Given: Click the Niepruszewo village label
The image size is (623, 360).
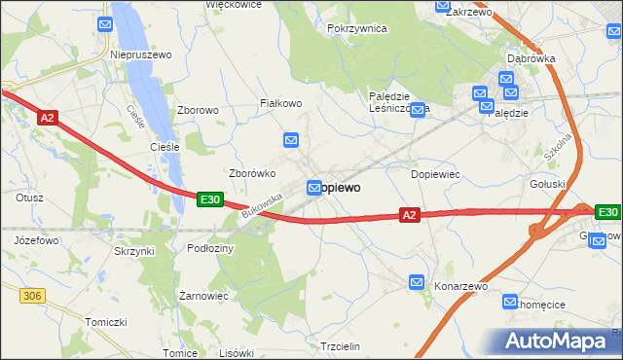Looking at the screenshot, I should click(141, 55).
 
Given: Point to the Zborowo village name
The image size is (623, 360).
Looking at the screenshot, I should click(198, 111).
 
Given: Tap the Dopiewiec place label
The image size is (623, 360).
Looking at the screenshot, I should click(435, 174).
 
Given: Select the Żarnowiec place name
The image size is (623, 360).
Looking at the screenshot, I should click(203, 295).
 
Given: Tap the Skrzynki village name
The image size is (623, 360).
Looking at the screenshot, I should click(134, 251).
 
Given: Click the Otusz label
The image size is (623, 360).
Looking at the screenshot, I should click(29, 198).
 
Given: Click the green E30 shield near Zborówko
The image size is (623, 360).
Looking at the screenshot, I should click(210, 199).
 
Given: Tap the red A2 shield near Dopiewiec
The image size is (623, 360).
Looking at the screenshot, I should click(410, 215).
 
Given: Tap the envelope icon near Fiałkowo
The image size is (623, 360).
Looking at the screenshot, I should click(290, 141).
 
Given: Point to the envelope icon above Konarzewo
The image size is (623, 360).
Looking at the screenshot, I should click(417, 282).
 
